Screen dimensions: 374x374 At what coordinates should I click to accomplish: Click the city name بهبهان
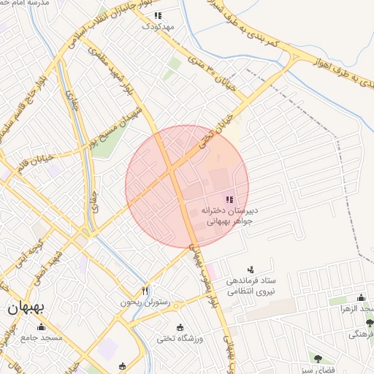pos(26,308)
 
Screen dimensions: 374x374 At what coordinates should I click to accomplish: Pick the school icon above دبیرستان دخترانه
pos(229,199)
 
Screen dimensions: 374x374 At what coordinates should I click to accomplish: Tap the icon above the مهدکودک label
pos(159,15)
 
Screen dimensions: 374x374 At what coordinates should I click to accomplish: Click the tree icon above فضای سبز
pos(317,357)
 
